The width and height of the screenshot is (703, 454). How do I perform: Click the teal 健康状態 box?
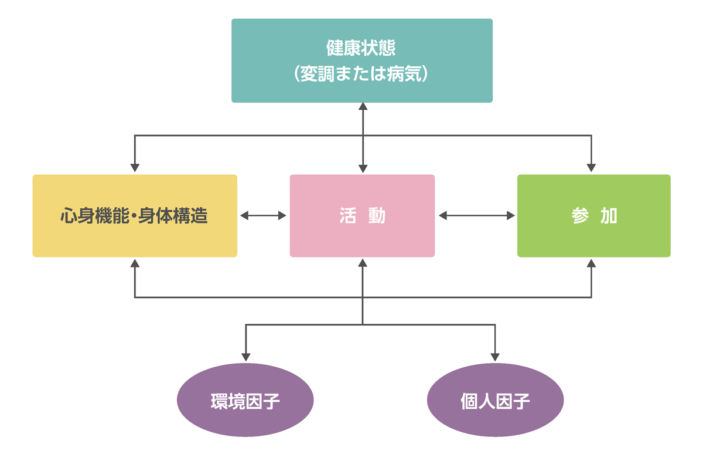coord(361,60)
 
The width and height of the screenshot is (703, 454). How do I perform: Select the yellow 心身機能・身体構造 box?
coord(135,215)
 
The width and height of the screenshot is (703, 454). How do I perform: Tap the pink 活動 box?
coord(362,215)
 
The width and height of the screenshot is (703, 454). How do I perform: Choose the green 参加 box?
coord(593,215)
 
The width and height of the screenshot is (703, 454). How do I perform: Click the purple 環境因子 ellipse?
coord(245,401)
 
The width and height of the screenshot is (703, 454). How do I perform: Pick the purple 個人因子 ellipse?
coord(496,401)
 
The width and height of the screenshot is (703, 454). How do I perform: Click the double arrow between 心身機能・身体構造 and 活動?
coord(263,216)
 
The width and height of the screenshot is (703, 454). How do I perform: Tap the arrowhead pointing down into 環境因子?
coord(246,356)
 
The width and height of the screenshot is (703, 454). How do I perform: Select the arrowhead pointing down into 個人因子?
coord(496,356)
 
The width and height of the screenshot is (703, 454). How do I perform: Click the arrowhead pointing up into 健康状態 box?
coord(363,107)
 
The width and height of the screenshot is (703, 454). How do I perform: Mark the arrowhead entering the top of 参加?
coord(591,167)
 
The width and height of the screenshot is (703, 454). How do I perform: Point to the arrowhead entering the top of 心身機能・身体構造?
coord(135,167)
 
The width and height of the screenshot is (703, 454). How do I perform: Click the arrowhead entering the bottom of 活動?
coord(363,263)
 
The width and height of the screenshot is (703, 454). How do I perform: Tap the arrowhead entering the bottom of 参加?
coord(591,263)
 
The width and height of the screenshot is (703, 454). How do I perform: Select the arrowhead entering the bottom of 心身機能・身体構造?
coord(135,263)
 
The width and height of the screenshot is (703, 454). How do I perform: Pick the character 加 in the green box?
coord(609,216)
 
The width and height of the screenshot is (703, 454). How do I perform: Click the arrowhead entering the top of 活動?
coord(363,168)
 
